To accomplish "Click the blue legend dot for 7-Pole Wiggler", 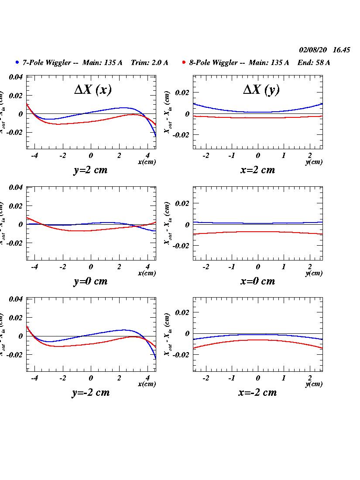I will point(17,62).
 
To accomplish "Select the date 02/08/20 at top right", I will point(313,50).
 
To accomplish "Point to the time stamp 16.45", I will point(341,50).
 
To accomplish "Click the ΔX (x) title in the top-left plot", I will point(93,90).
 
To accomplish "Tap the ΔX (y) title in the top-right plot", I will point(261,90).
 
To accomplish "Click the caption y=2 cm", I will point(90,170).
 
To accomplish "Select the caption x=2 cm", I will point(257,170).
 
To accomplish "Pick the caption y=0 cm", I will point(90,281).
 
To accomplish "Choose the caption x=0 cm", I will point(257,281).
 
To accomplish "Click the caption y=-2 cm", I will point(90,393).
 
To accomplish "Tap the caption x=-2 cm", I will point(257,393).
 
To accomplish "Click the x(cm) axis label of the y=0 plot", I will point(147,274).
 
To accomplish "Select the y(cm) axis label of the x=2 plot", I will point(314,162).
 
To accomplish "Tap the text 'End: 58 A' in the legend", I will point(314,63).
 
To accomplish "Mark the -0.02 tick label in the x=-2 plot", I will point(181,355).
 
